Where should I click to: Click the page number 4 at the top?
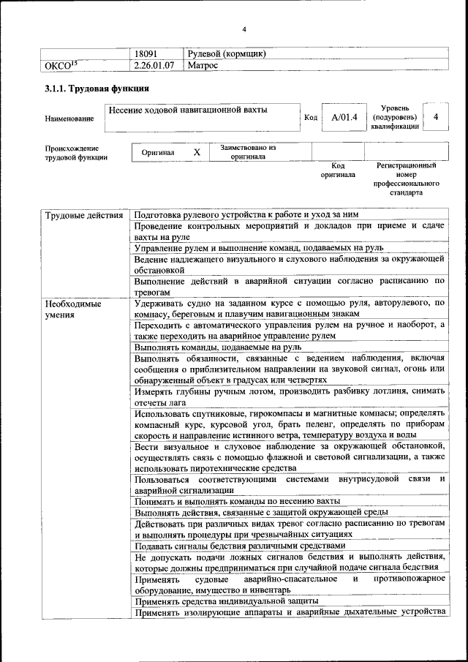(x=244, y=29)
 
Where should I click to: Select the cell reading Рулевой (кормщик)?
(x=226, y=54)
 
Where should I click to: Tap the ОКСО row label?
(x=62, y=66)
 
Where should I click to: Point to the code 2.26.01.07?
(x=154, y=66)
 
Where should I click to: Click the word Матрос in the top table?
(x=203, y=66)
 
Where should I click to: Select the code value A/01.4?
(x=343, y=117)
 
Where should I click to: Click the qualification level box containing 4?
(x=436, y=117)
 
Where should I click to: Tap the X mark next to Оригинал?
(x=196, y=152)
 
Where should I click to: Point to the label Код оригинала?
(x=338, y=170)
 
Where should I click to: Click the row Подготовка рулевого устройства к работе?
(x=247, y=215)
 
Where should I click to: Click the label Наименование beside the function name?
(x=69, y=118)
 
